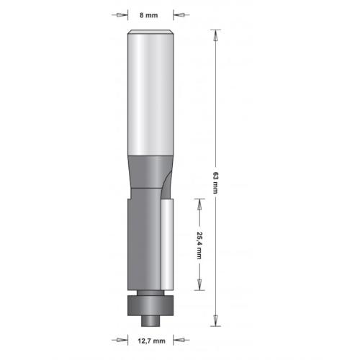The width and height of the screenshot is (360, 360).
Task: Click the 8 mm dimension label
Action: (149, 13)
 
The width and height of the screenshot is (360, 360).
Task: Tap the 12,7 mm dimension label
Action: (149, 341)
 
